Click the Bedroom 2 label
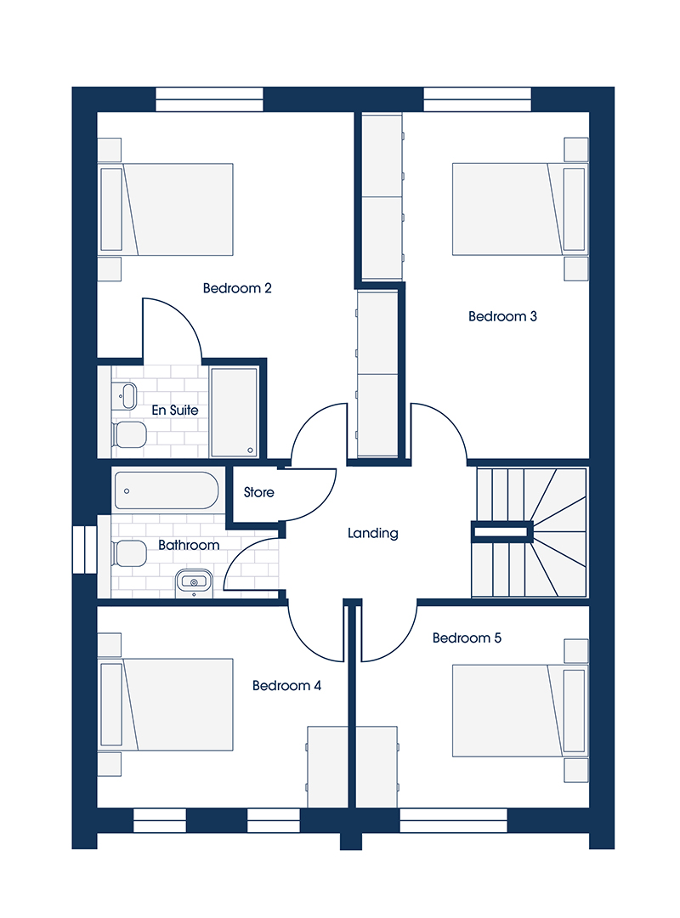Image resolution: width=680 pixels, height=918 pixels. point(237,288)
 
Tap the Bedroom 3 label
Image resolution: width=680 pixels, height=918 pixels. point(502,316)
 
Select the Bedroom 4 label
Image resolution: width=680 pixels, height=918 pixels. point(287,686)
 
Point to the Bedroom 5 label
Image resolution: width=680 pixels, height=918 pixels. point(467,637)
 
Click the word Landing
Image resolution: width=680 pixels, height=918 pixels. point(373,533)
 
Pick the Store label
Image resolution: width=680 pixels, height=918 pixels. point(259,492)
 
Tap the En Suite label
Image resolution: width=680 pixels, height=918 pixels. point(175,411)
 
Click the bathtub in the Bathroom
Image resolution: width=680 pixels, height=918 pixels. point(167,490)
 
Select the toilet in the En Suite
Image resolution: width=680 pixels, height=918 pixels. point(129,434)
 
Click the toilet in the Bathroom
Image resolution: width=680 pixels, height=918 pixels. point(129,553)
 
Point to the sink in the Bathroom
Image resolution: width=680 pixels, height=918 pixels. point(194,582)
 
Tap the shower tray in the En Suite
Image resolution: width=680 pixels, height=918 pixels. point(234,411)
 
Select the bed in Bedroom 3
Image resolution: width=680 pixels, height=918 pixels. point(519,209)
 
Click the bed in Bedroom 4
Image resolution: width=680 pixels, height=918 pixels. point(166,705)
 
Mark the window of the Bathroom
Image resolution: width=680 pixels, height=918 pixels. point(84,549)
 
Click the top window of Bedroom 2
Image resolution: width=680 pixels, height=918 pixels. point(210,99)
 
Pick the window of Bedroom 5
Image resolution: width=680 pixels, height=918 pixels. point(453,820)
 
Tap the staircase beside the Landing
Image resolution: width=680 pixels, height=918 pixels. point(530,532)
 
